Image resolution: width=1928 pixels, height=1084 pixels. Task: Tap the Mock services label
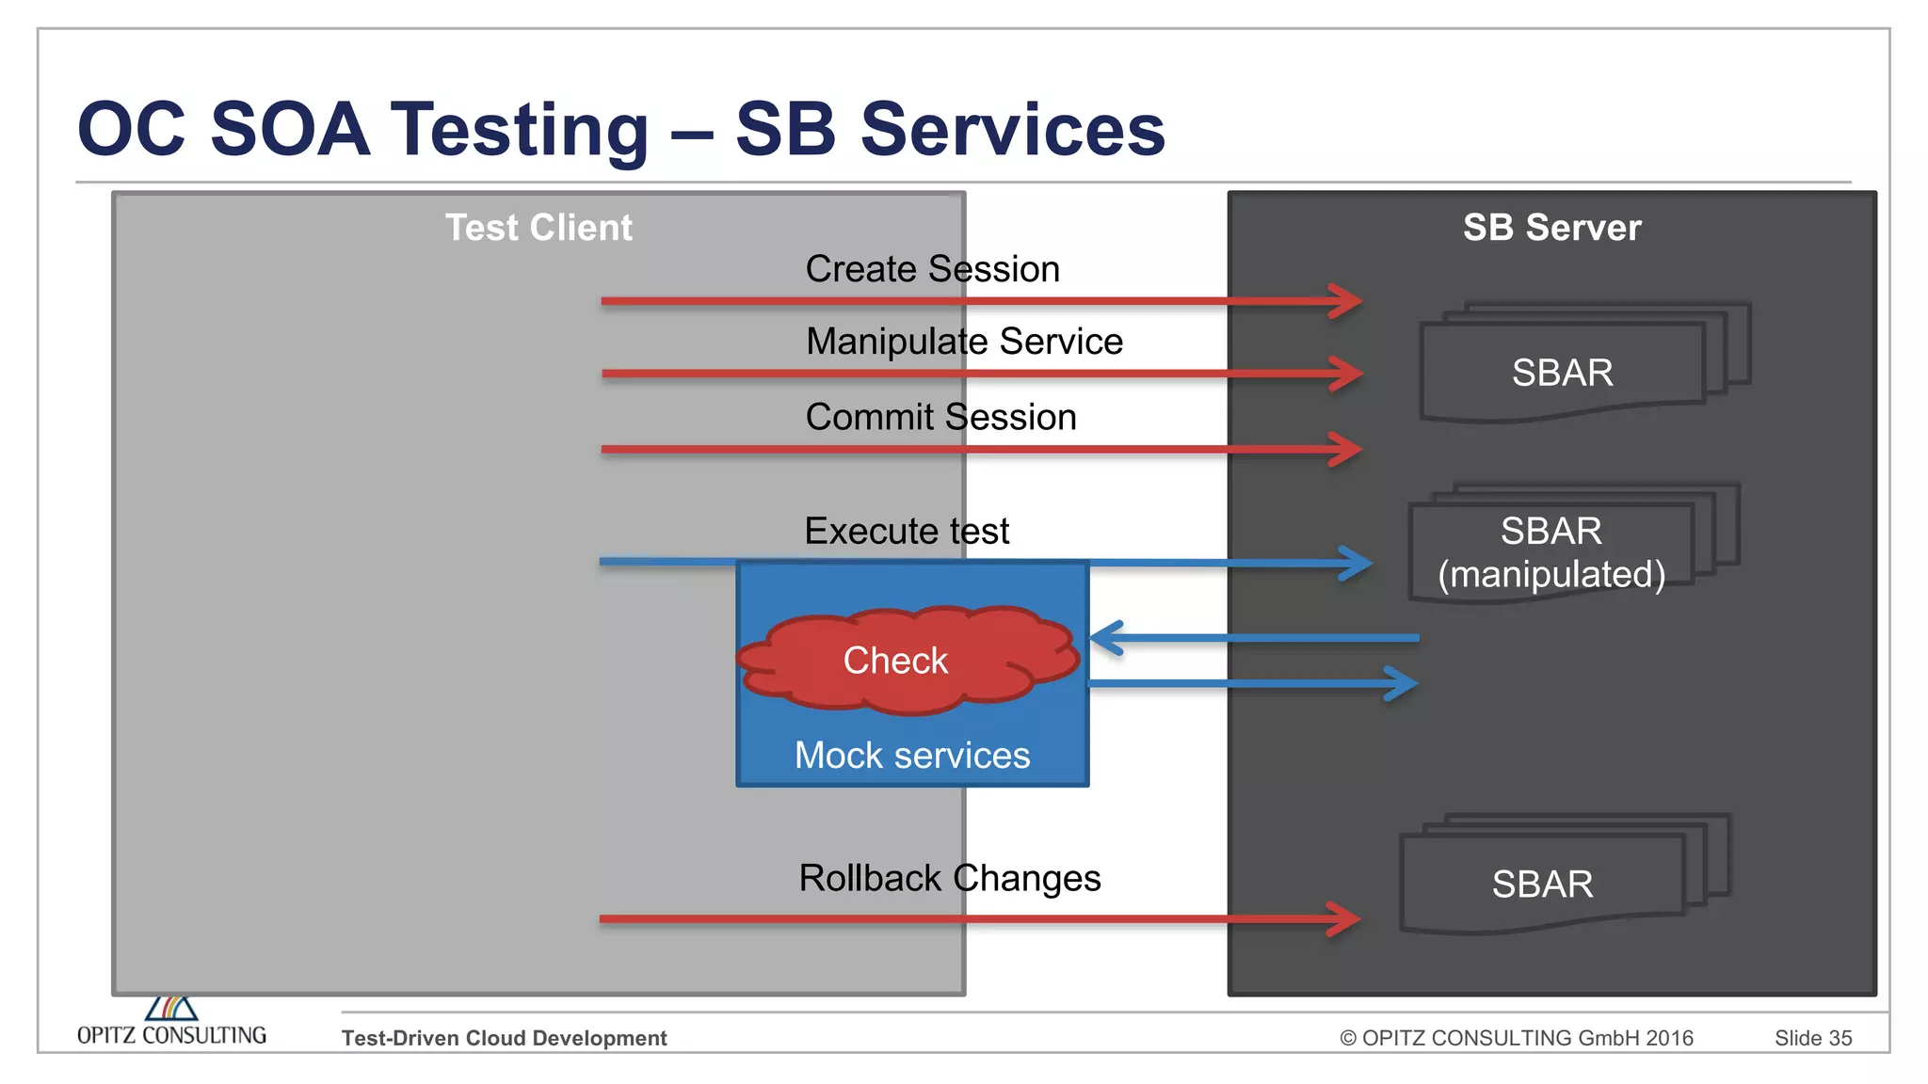pyautogui.click(x=911, y=756)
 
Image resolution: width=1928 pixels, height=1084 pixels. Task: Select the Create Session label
pyautogui.click(x=932, y=269)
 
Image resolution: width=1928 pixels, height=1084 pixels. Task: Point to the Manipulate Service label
pyautogui.click(x=964, y=342)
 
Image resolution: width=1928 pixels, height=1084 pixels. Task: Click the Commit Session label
pyautogui.click(x=940, y=417)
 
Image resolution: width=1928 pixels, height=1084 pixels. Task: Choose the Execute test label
pyautogui.click(x=907, y=531)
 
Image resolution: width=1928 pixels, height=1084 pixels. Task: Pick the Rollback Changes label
pyautogui.click(x=949, y=878)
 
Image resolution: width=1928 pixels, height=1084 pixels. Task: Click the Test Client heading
pyautogui.click(x=538, y=228)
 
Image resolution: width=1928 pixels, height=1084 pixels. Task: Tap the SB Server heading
pyautogui.click(x=1551, y=228)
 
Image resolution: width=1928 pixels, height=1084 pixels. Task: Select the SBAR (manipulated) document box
pyautogui.click(x=1551, y=552)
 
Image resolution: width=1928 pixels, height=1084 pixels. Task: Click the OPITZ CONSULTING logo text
pyautogui.click(x=171, y=1035)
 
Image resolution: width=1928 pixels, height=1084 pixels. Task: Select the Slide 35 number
pyautogui.click(x=1812, y=1038)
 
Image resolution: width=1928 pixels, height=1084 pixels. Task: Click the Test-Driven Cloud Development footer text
pyautogui.click(x=504, y=1038)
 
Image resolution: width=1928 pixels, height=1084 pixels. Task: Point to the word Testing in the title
pyautogui.click(x=520, y=130)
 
